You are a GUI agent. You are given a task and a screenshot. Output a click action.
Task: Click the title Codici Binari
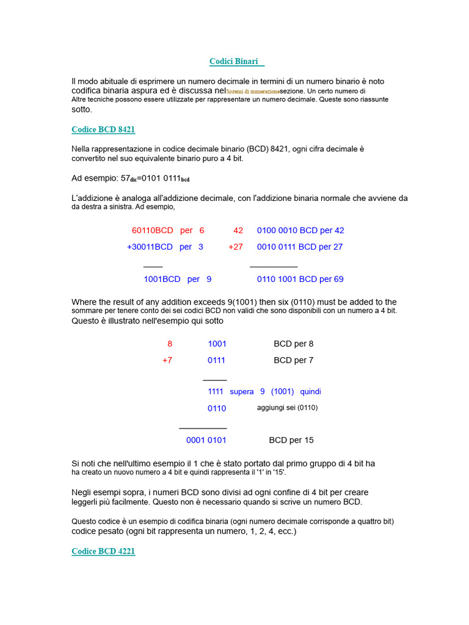(234, 62)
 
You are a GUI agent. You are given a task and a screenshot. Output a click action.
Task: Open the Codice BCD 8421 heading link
(103, 129)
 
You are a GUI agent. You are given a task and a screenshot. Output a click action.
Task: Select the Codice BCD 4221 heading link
(103, 551)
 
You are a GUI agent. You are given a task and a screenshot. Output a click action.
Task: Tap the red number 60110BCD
(153, 230)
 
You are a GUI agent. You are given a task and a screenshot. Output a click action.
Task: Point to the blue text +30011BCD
(150, 247)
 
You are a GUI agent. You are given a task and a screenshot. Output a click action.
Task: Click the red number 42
(238, 230)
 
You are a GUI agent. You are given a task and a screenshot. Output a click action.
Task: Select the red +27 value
(236, 247)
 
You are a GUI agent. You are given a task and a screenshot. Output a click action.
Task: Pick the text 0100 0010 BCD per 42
(300, 230)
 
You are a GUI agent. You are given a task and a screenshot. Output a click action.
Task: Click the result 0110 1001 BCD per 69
(300, 279)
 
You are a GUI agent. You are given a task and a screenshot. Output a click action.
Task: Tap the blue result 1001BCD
(162, 279)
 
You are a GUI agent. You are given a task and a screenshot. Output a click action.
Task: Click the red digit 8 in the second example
(170, 344)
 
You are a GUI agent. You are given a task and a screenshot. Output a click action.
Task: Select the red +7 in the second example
(167, 360)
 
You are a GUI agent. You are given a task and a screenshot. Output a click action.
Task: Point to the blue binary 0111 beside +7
(217, 360)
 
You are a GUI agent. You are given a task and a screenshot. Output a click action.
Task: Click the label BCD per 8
(294, 344)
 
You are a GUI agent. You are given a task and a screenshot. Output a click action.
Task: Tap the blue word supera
(242, 391)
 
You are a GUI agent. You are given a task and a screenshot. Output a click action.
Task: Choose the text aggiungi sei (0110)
(287, 408)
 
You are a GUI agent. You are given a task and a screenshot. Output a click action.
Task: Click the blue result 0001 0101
(206, 440)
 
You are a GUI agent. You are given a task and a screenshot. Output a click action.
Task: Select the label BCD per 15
(291, 440)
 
